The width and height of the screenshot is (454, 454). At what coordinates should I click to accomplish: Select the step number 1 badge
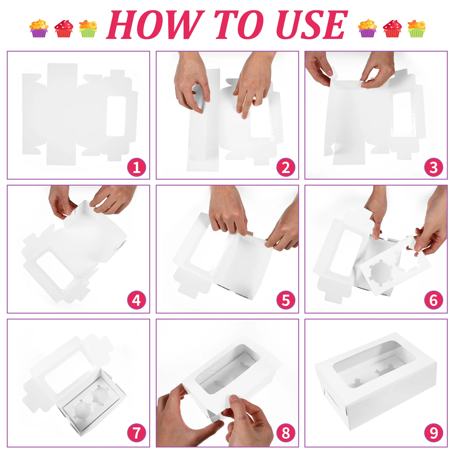[136, 167]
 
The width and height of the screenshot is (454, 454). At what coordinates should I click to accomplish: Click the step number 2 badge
[286, 167]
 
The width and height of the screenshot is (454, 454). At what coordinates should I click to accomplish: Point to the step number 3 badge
[434, 167]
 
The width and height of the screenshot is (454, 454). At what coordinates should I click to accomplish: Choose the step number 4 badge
[136, 300]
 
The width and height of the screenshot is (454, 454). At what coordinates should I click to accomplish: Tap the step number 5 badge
[286, 300]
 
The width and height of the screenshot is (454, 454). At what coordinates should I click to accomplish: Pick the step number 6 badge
[434, 300]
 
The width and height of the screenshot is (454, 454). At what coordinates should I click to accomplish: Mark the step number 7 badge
[136, 433]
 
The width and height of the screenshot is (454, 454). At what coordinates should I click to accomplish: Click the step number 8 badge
[286, 433]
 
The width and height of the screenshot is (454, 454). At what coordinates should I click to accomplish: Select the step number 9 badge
[434, 433]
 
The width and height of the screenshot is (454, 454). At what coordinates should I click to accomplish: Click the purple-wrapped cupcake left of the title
[39, 28]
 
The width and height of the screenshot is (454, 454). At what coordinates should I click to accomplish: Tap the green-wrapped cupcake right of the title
[416, 28]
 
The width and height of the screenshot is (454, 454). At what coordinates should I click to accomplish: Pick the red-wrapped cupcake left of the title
[64, 28]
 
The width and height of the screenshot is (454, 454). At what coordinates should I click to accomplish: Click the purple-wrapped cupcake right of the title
[367, 28]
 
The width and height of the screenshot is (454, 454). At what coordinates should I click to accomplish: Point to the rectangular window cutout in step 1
[116, 116]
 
